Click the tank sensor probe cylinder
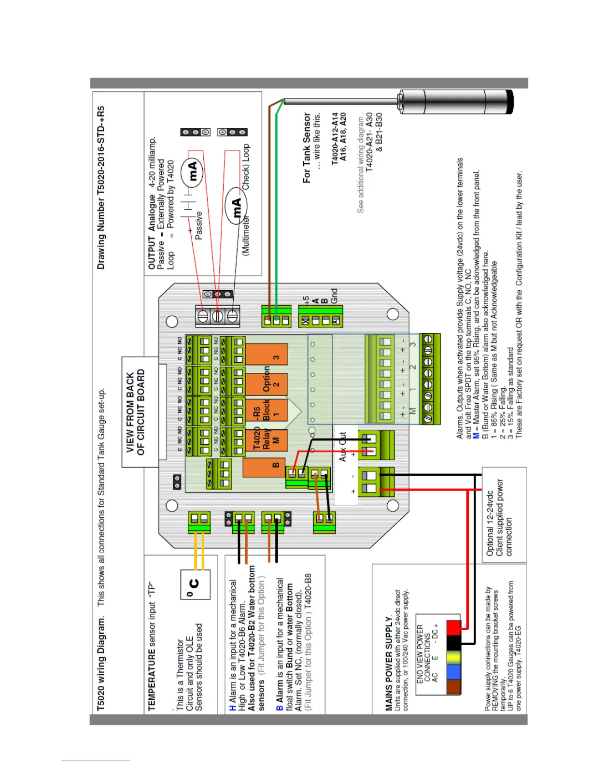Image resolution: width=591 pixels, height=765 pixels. pos(456,102)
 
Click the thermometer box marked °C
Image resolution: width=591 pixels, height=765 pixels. pos(195,584)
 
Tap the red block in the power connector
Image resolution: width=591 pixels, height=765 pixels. pos(453,628)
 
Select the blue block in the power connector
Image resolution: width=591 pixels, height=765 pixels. pos(453,672)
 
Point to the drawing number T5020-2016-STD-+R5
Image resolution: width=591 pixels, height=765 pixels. pos(101,188)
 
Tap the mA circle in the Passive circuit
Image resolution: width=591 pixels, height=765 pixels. pos(192,171)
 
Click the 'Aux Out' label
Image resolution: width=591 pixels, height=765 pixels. pos(342,447)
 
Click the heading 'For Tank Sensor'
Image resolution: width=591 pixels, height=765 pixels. pos(307,147)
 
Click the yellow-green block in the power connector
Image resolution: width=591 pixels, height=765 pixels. pos(453,657)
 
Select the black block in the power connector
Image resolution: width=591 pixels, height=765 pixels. pos(453,643)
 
